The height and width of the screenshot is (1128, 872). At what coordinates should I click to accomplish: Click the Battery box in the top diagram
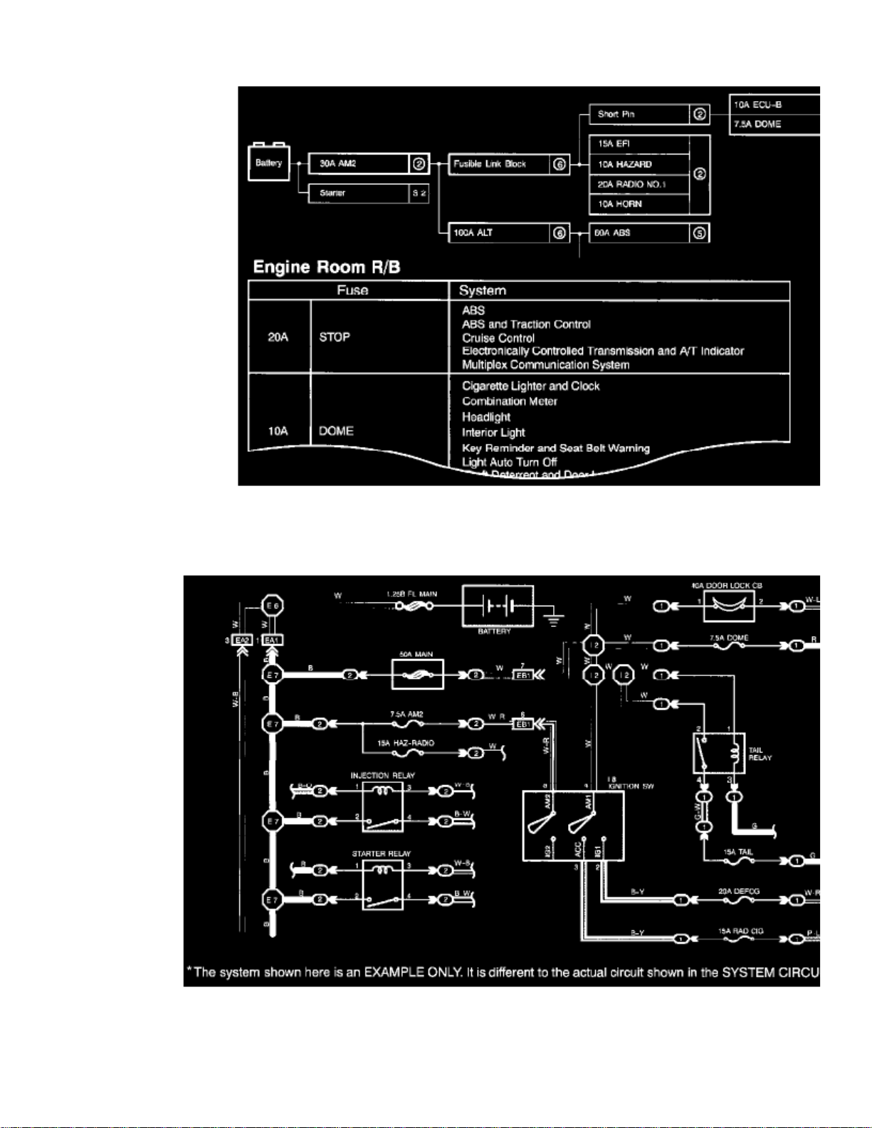268,163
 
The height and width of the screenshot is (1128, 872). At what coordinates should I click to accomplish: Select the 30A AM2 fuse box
358,164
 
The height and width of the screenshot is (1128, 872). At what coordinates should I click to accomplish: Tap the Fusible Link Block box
499,164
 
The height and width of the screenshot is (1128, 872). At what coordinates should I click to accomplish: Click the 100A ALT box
499,233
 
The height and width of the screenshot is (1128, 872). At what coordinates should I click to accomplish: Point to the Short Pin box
639,114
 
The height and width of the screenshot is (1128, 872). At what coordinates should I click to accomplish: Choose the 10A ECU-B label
759,105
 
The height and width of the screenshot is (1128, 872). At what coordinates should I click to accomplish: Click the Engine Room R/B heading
326,267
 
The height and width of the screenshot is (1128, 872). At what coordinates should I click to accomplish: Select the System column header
483,290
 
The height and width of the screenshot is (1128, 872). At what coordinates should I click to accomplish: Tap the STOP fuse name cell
335,337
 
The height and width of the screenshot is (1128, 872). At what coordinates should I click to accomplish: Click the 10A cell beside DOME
278,431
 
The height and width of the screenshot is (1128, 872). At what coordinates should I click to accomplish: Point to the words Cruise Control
498,338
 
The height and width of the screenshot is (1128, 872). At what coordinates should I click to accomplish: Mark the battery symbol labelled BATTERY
498,606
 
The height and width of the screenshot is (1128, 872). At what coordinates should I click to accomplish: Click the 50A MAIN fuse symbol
417,674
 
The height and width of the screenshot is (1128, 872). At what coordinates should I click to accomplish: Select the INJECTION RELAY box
383,807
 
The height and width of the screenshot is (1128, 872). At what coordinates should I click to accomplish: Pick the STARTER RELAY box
383,885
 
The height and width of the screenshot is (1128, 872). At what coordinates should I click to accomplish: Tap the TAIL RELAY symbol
719,753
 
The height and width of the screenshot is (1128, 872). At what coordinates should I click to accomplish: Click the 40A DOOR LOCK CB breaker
728,606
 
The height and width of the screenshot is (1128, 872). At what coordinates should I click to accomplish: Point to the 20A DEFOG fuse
738,900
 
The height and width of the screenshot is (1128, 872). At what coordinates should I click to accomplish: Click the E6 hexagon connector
273,606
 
